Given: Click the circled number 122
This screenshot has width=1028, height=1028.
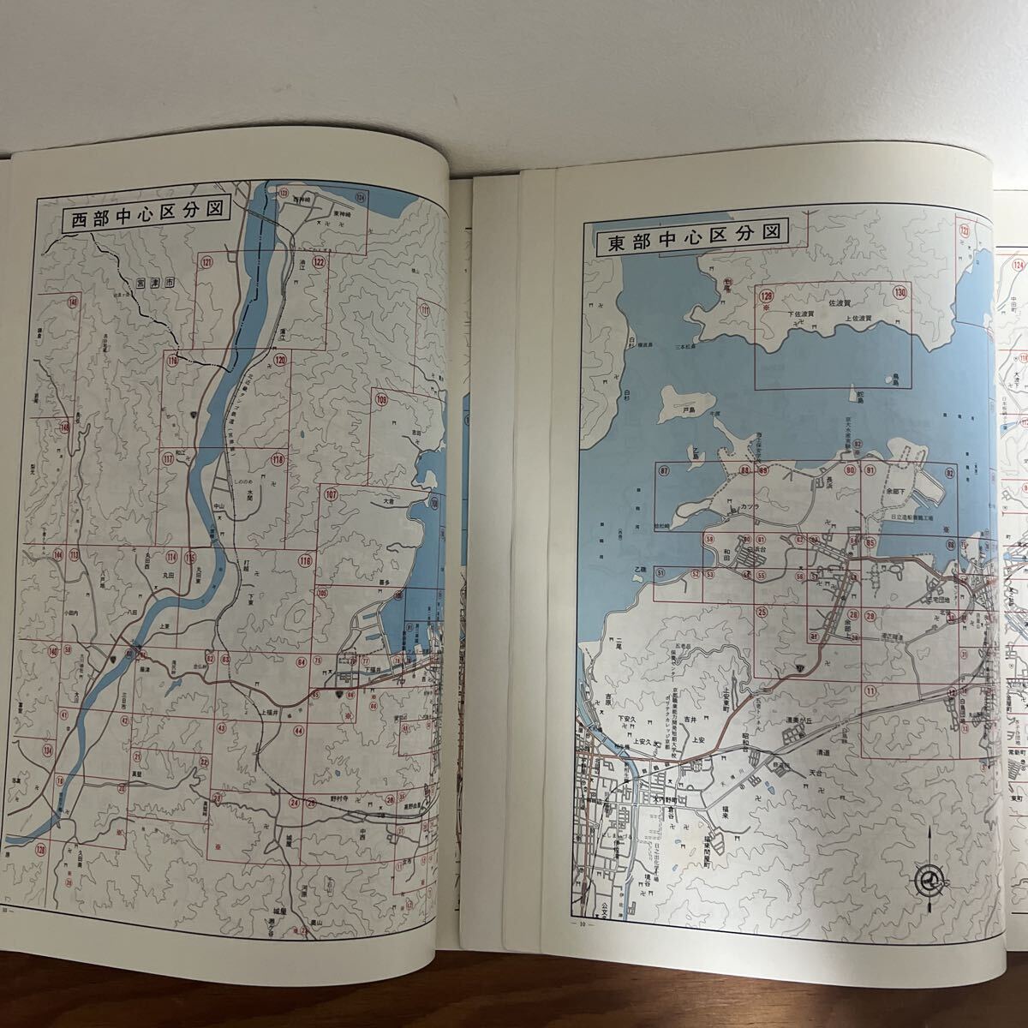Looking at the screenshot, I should (319, 261).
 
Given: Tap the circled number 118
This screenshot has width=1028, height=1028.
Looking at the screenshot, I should (277, 460).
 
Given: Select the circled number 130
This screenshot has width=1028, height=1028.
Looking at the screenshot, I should (899, 293).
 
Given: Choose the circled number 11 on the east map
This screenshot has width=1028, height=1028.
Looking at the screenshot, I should (870, 690).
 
